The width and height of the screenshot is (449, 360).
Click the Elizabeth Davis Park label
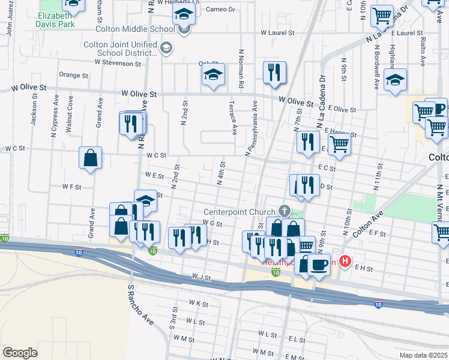tap(58, 20)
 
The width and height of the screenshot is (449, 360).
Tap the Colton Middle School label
tap(137, 28)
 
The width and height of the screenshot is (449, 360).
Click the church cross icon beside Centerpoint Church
tap(284, 211)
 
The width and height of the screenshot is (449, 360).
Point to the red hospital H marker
tap(345, 261)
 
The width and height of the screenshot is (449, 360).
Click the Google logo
tap(20, 352)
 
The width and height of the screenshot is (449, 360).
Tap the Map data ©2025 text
tap(423, 355)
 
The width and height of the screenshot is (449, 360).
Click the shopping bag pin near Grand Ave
tap(90, 158)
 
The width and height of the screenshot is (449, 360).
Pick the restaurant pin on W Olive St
tap(275, 73)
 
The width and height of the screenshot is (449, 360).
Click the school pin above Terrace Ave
tap(213, 74)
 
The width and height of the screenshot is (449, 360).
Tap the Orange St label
tap(73, 76)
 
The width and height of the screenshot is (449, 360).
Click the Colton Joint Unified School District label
tap(121, 49)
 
